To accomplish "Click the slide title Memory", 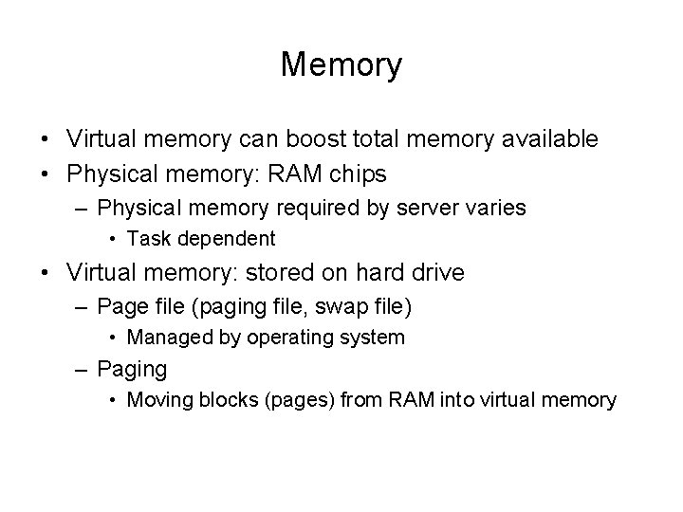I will click(341, 65).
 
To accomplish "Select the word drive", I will click(436, 274).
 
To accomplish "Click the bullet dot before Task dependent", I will click(113, 239).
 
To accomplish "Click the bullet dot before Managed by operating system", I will click(113, 338).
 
